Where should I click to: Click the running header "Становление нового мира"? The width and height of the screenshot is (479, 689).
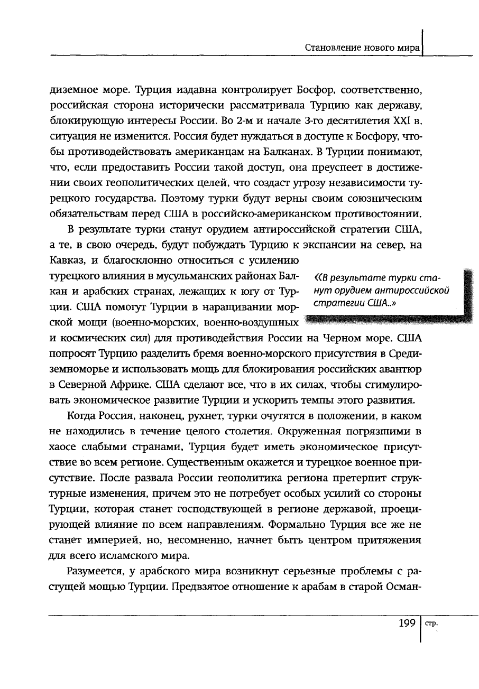pos(363,47)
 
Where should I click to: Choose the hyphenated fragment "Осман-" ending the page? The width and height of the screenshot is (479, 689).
pos(406,586)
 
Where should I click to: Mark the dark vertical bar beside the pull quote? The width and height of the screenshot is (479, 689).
pos(466,293)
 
